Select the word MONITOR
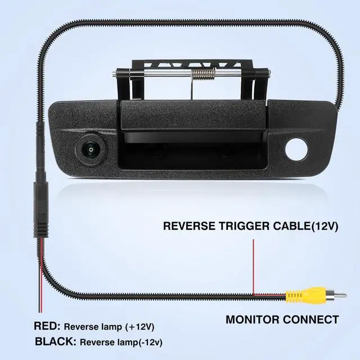pos(254,320)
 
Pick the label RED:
pos(47,326)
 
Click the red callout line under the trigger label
pos(254,264)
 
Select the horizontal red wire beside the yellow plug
pos(270,294)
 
